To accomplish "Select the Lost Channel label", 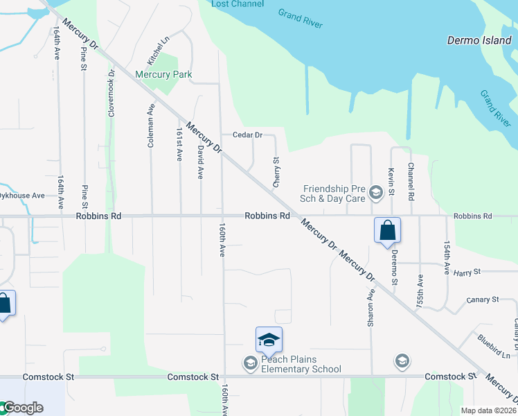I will pos(228,4).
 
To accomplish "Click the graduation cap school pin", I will pos(269,340).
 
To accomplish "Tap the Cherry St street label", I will pos(276,171).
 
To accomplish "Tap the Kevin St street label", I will pos(391,180).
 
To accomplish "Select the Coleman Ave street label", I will pos(150,125).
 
